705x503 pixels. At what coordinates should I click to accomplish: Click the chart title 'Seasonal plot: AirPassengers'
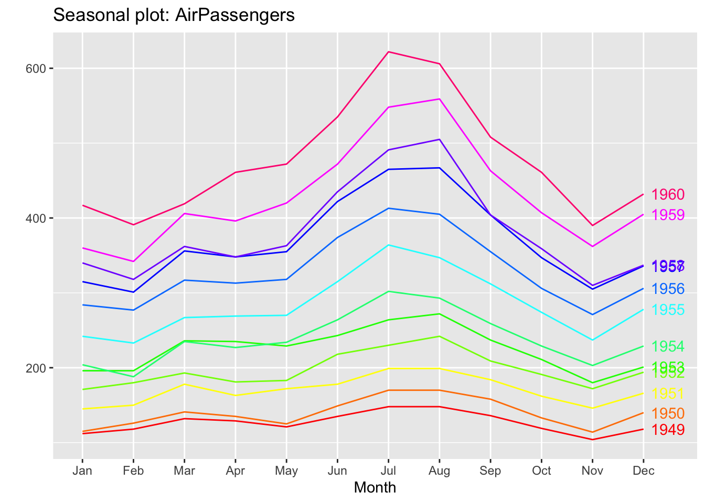click(174, 15)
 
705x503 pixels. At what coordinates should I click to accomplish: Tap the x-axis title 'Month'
click(375, 487)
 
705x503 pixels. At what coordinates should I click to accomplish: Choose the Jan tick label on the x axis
click(82, 471)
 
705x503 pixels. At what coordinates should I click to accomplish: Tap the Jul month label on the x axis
click(388, 471)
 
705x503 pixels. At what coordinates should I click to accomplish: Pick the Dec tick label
click(643, 471)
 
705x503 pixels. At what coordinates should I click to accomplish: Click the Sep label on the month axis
click(490, 471)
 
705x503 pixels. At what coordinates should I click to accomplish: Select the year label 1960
click(668, 195)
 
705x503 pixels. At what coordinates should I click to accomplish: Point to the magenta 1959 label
click(668, 215)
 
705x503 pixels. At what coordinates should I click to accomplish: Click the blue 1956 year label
click(668, 289)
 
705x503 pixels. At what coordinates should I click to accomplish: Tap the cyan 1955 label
click(668, 310)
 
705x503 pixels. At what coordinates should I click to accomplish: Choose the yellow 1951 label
click(668, 393)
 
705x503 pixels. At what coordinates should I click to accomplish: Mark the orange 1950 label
click(668, 413)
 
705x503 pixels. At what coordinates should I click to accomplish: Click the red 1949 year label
click(668, 430)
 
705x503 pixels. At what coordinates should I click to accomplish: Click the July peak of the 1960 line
click(388, 52)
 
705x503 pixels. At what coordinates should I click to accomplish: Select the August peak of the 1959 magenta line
click(439, 99)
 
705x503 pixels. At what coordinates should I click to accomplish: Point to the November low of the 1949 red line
click(592, 439)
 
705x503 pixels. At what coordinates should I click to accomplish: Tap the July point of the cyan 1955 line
click(388, 245)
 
